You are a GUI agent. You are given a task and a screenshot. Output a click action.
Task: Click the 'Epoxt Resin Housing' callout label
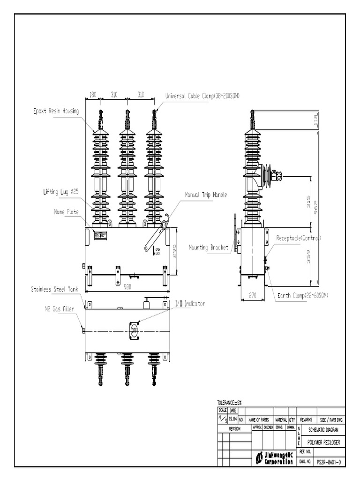pos(56,111)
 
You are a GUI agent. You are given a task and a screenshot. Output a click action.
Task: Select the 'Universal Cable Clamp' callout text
pos(202,96)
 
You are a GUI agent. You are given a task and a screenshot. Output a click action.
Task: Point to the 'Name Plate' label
pos(66,211)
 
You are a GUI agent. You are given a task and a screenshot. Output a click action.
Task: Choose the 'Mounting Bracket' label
pos(208,247)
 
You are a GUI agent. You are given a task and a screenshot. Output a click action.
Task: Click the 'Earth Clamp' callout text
pos(302,295)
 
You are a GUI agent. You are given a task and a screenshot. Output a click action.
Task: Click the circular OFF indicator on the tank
pos(135,329)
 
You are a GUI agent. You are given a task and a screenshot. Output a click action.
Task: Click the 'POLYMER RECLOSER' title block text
pos(323,442)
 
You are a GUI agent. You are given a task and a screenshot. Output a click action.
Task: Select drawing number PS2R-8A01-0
pos(329,462)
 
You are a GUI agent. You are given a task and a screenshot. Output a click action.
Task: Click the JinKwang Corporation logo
pos(274,457)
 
